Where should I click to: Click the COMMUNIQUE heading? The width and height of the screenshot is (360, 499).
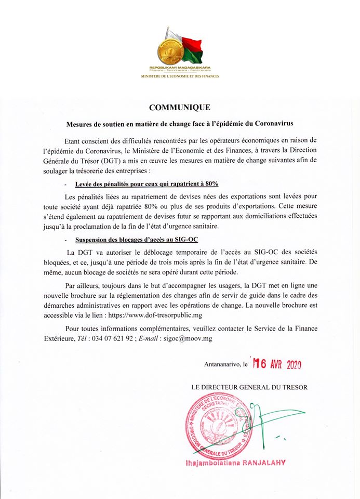179,108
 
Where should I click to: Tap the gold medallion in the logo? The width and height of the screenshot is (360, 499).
169,50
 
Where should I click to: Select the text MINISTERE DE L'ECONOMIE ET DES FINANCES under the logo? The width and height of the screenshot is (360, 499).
180,76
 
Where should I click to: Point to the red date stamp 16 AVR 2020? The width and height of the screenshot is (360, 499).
277,364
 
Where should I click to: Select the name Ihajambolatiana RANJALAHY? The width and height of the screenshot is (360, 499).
235,463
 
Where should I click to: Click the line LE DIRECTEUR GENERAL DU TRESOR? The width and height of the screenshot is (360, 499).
249,387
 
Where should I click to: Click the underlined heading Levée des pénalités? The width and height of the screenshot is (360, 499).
146,184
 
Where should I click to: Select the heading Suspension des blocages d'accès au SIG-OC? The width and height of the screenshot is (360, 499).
137,240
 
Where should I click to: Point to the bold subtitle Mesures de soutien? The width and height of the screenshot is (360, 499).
180,125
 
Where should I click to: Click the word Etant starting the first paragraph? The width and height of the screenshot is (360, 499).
74,141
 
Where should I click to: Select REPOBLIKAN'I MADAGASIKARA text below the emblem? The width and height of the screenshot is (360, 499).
179,68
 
